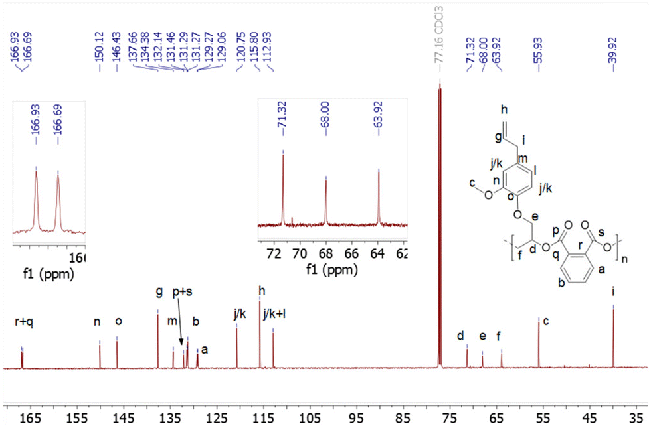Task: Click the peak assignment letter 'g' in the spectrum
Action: [x=159, y=291]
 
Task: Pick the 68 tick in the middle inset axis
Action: [x=325, y=253]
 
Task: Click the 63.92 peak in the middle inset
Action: [x=379, y=199]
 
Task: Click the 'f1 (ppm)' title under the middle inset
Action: [x=331, y=271]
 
